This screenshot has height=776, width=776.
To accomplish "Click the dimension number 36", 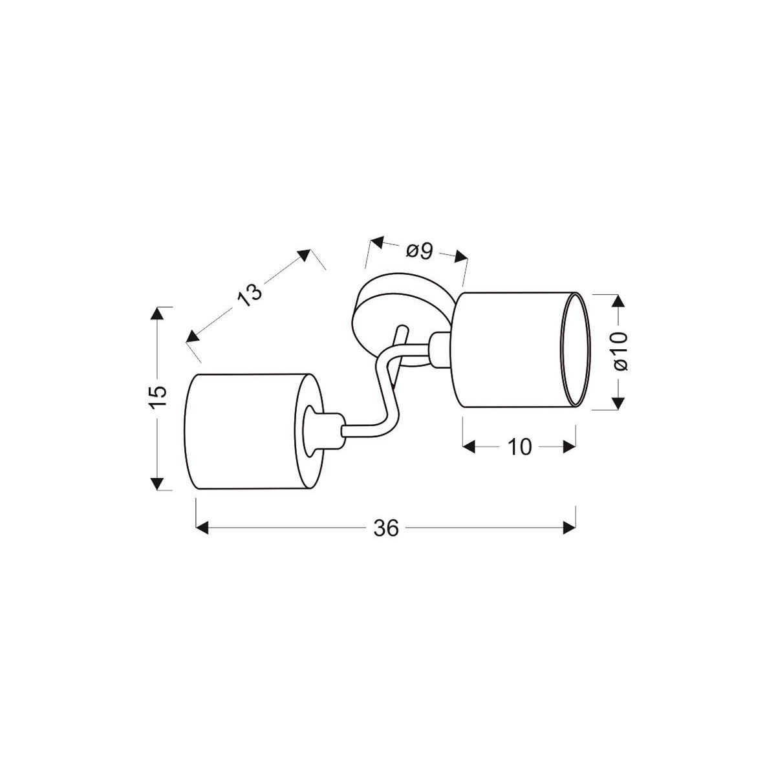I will (386, 528).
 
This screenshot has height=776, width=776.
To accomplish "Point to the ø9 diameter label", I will (419, 250).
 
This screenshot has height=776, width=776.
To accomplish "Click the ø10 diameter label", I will (619, 350).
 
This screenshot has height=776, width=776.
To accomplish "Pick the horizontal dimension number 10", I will (519, 447).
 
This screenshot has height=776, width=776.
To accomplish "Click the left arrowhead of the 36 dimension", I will (202, 528).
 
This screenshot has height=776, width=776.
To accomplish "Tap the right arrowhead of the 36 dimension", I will (570, 528).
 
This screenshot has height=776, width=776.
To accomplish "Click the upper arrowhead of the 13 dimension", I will (304, 254).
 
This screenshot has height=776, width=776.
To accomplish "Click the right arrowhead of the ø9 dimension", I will (460, 257).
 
